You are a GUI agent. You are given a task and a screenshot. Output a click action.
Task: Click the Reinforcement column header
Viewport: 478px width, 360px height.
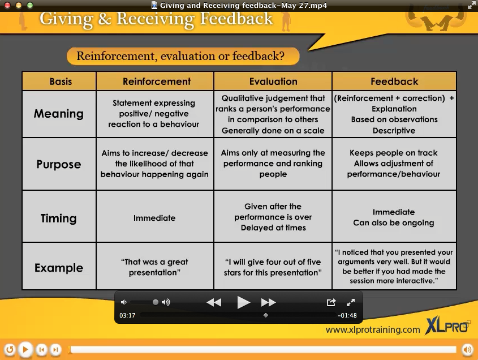tap(157, 81)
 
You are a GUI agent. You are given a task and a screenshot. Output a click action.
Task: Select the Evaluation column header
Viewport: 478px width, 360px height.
tap(273, 81)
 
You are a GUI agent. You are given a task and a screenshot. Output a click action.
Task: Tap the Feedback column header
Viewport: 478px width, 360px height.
tap(394, 81)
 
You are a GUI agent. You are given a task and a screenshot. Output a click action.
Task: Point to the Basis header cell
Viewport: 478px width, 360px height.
tap(61, 81)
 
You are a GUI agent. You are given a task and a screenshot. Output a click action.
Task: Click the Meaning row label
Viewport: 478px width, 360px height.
tap(58, 114)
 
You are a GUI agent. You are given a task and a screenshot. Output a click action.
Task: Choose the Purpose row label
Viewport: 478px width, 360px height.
tap(58, 164)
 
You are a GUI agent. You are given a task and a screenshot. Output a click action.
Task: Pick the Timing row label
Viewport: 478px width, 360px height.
tap(58, 218)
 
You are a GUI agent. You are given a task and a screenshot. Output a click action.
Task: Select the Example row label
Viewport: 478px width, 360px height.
tap(58, 268)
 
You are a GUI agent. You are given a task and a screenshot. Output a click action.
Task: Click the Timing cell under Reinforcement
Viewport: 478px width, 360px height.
tap(154, 217)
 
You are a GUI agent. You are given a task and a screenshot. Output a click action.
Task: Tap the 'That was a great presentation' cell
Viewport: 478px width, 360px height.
tap(154, 267)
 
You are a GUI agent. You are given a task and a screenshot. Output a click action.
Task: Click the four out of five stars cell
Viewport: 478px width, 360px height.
tap(273, 267)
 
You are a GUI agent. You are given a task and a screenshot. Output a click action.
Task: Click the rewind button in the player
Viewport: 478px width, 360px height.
tap(214, 302)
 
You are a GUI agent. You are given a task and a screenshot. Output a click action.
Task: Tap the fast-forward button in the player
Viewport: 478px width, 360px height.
tap(268, 302)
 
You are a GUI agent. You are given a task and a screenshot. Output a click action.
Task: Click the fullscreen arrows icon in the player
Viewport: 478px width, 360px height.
tap(351, 302)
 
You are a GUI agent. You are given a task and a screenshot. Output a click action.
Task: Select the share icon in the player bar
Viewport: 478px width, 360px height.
tap(331, 302)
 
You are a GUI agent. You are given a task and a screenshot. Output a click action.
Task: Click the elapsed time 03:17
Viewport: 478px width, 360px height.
tap(127, 315)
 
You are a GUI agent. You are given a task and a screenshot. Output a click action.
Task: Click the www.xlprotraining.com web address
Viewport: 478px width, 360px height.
tap(373, 329)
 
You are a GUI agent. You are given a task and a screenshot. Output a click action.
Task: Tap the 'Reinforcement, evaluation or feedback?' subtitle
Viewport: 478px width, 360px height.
tap(180, 56)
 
